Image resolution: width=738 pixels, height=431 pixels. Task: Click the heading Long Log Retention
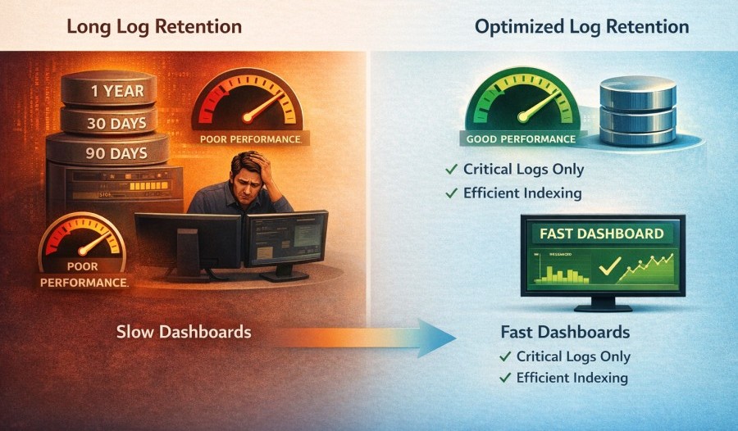pyautogui.click(x=154, y=27)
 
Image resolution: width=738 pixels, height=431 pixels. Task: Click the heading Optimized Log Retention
pyautogui.click(x=581, y=27)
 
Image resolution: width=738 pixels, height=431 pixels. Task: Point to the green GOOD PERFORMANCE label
pyautogui.click(x=521, y=138)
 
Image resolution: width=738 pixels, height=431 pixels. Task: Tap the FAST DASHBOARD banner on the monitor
pyautogui.click(x=602, y=234)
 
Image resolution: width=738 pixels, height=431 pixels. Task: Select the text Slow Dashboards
pyautogui.click(x=184, y=332)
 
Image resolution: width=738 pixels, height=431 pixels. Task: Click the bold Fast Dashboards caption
pyautogui.click(x=565, y=333)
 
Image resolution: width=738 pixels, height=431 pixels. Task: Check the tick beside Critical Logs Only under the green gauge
pyautogui.click(x=450, y=170)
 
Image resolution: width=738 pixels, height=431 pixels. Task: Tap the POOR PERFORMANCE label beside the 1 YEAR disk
pyautogui.click(x=249, y=138)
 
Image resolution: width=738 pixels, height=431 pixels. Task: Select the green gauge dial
pyautogui.click(x=519, y=106)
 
